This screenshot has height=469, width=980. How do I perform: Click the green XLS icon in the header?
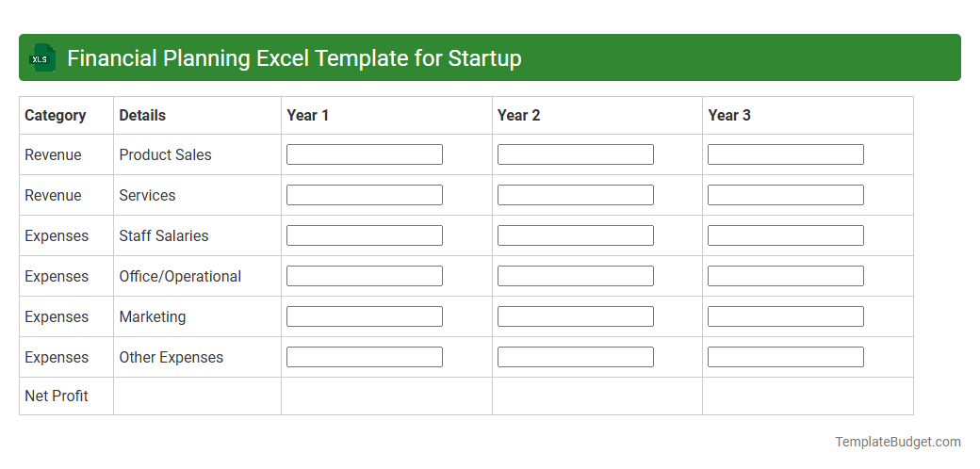tap(41, 58)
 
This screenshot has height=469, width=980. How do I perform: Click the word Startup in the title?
tap(484, 58)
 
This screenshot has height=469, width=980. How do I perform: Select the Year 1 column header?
tap(308, 115)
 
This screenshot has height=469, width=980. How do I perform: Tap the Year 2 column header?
tap(518, 115)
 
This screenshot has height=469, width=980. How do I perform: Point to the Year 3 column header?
tap(729, 115)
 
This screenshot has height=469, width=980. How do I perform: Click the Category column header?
tap(55, 115)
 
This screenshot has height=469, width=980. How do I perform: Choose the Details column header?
tap(142, 115)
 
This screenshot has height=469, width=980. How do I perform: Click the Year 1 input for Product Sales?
tap(364, 154)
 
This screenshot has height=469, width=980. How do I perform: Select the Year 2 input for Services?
tap(575, 195)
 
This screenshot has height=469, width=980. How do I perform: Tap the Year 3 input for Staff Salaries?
tap(785, 235)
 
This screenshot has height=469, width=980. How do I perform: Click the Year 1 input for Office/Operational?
tap(364, 276)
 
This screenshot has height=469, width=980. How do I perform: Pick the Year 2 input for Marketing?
tap(575, 316)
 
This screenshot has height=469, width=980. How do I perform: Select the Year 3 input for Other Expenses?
tap(785, 357)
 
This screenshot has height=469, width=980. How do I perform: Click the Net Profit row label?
tap(57, 396)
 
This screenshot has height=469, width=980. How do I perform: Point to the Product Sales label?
tap(165, 154)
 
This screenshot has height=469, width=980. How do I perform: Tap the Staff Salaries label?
tap(164, 235)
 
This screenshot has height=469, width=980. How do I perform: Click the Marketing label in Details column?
tap(153, 316)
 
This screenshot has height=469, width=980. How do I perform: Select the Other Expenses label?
tap(171, 357)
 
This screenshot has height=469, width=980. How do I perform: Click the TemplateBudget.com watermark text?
tap(897, 442)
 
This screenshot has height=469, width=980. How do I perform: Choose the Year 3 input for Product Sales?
tap(785, 154)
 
